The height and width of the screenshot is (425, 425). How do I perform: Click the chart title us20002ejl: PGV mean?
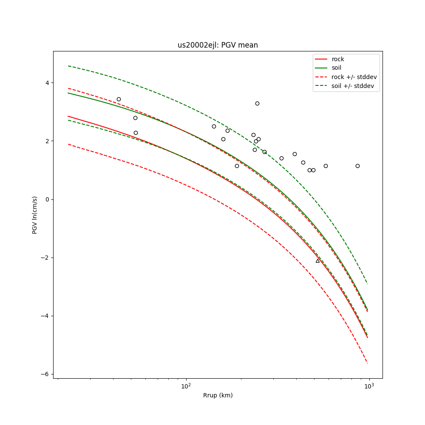coord(218,45)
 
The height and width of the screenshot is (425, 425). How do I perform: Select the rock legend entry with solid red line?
coord(338,59)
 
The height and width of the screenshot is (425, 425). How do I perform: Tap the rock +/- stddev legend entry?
coord(354,77)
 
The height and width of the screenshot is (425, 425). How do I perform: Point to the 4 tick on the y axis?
coord(47,82)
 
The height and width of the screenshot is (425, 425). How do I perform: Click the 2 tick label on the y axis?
coord(47,141)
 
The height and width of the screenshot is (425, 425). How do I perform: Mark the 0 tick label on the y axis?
coord(47,199)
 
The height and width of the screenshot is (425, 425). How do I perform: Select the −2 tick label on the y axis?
coord(45,258)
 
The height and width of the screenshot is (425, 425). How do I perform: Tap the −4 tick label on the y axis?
coord(45,316)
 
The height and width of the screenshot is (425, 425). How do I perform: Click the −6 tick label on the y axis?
coord(45,374)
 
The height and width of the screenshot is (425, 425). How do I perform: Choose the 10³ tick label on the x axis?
coord(369,386)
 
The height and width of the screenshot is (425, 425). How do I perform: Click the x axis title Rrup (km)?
coord(218,396)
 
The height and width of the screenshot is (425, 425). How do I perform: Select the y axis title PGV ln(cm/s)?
coord(35,215)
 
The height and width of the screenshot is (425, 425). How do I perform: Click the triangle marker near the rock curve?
coord(317,261)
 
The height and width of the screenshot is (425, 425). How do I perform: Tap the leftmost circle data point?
coord(119,99)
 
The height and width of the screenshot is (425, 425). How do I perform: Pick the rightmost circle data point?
coord(357,166)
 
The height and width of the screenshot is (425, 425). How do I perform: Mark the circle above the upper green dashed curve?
coord(257,103)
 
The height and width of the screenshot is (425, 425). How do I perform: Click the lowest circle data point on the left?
coord(136,133)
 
